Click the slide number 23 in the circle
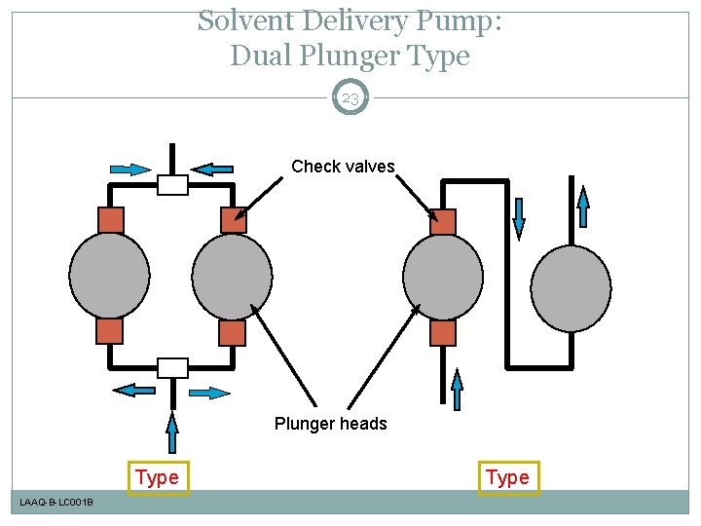pyautogui.click(x=350, y=97)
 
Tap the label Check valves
pyautogui.click(x=343, y=167)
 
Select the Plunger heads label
pyautogui.click(x=330, y=424)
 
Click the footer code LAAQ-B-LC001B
pyautogui.click(x=56, y=502)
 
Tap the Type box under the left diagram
pyautogui.click(x=158, y=477)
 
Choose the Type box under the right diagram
pyautogui.click(x=507, y=477)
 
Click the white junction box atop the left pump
pyautogui.click(x=172, y=185)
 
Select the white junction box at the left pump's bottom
pyautogui.click(x=172, y=367)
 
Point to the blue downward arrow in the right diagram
pyautogui.click(x=519, y=217)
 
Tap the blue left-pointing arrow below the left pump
pyautogui.click(x=133, y=390)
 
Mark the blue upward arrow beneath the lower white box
pyautogui.click(x=172, y=433)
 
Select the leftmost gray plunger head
pyautogui.click(x=110, y=276)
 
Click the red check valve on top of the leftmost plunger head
pyautogui.click(x=110, y=220)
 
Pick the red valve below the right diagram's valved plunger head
pyautogui.click(x=443, y=333)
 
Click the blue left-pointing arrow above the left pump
pyautogui.click(x=211, y=169)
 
